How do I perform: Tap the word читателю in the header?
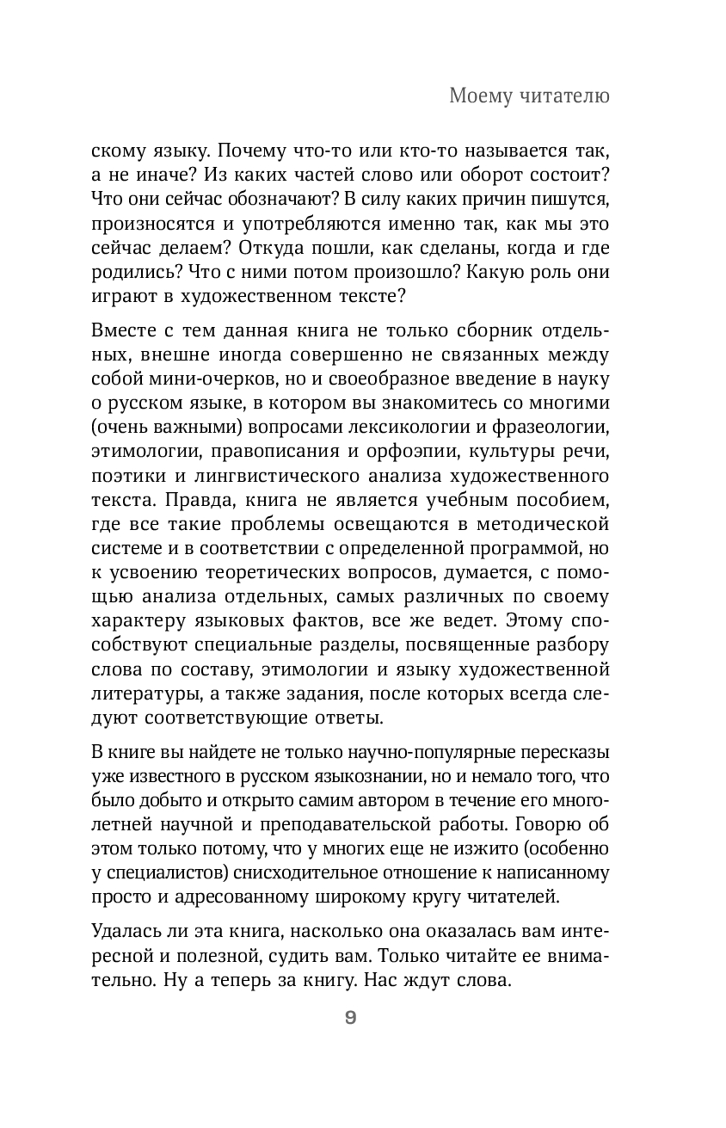pyautogui.click(x=564, y=96)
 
